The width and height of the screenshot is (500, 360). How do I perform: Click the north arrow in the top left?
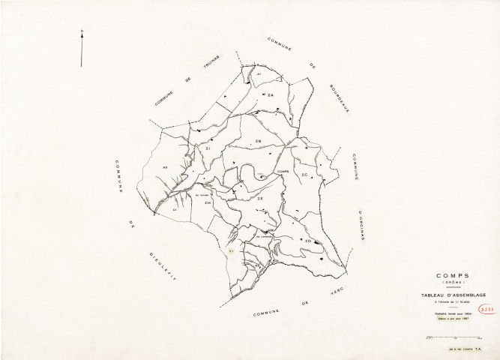pos(82,48)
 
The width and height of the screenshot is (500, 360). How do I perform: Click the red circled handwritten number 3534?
pos(484,308)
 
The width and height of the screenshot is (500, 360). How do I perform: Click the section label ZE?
pos(260,199)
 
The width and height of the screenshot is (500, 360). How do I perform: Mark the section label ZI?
pos(208,151)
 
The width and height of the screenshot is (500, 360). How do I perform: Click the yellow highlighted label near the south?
pos(232,252)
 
